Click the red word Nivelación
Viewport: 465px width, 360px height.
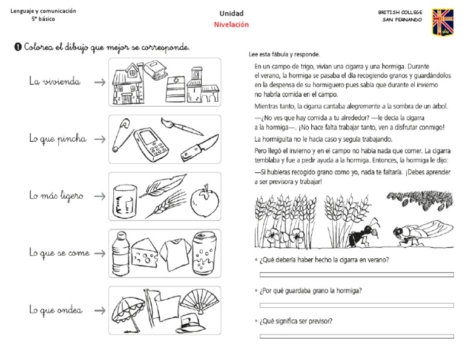pyautogui.click(x=231, y=25)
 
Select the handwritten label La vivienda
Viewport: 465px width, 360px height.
pyautogui.click(x=54, y=81)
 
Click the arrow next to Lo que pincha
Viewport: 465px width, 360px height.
pyautogui.click(x=99, y=139)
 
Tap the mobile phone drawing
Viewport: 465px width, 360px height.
pyautogui.click(x=150, y=143)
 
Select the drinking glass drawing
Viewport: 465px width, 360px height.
pyautogui.click(x=124, y=200)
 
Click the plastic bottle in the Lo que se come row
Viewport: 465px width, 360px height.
pyautogui.click(x=120, y=253)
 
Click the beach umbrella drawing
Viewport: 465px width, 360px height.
pyautogui.click(x=127, y=305)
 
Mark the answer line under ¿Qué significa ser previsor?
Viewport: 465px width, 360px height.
pyautogui.click(x=356, y=335)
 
